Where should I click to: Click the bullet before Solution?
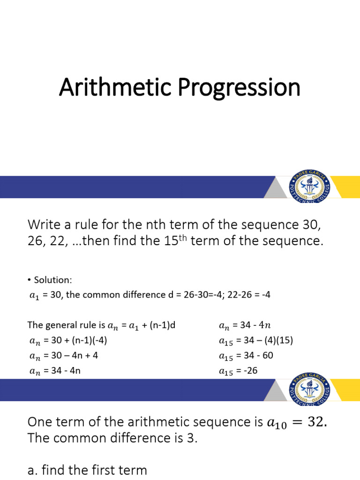coord(29,280)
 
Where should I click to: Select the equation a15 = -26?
coord(238,371)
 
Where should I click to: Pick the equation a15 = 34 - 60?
coord(246,356)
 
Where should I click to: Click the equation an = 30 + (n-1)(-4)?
coord(69,340)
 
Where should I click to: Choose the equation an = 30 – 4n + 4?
coord(63,356)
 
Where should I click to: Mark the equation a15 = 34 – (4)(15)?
coord(255,340)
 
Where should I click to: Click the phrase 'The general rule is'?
coord(67,325)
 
